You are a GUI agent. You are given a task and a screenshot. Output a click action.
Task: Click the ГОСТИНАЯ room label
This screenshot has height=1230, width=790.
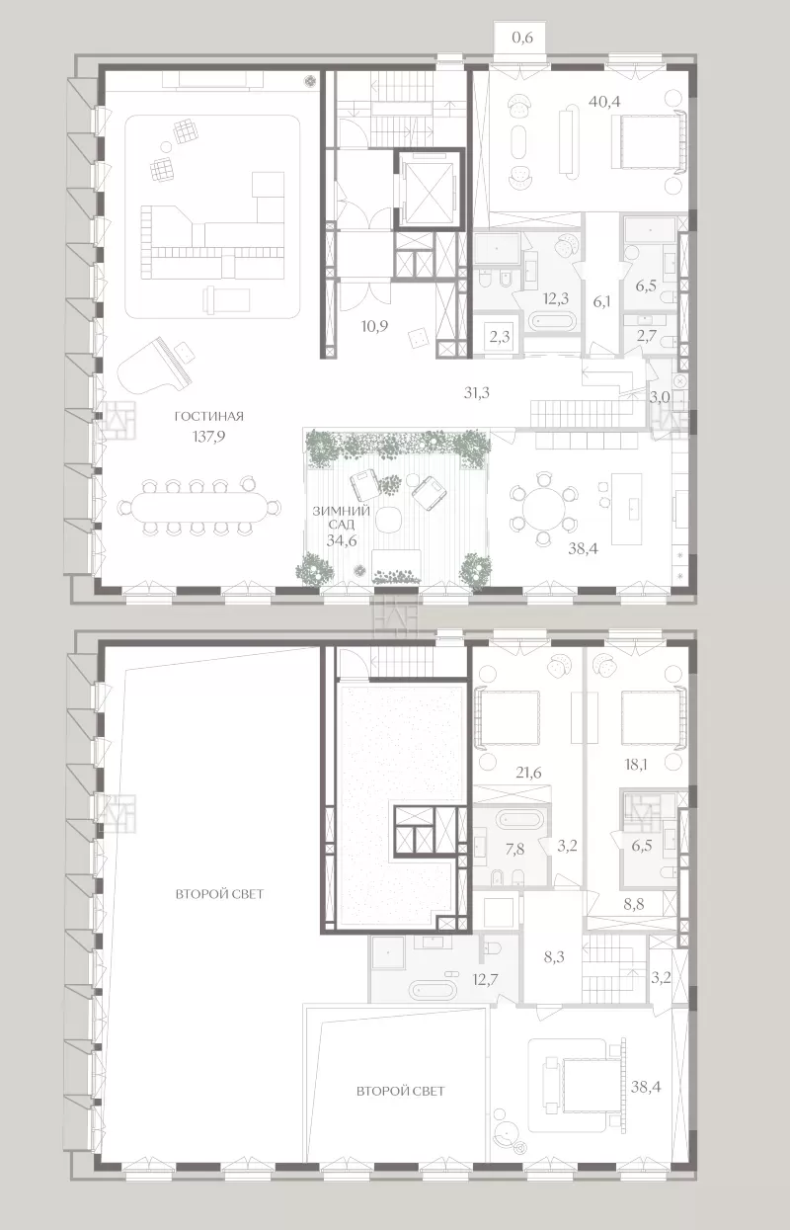coord(208,416)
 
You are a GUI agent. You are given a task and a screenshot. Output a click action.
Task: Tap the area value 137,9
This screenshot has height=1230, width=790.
coord(208,437)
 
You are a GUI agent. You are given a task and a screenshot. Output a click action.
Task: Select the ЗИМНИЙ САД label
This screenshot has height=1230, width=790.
coord(342,518)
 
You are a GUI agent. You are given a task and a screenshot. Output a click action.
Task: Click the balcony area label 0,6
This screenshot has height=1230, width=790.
coord(522,38)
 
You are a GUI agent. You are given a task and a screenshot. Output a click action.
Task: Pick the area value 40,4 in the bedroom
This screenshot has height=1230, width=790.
coord(604,101)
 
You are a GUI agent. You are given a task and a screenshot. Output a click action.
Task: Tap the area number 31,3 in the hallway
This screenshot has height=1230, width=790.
coord(477,392)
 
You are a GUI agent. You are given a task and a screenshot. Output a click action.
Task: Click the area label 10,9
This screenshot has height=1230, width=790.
coord(374,326)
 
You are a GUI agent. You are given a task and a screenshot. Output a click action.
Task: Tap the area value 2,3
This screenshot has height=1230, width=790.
coord(500,337)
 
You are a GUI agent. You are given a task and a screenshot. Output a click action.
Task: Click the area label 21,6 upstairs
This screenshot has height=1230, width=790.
coord(528,773)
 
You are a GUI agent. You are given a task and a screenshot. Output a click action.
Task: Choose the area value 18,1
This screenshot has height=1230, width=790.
coord(635,765)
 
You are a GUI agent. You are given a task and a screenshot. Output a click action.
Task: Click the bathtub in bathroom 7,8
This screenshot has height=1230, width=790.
coord(519,819)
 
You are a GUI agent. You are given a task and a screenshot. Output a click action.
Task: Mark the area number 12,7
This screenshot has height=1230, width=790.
coord(485,978)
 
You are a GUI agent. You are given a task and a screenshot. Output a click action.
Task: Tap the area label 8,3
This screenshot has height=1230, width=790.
coord(554,956)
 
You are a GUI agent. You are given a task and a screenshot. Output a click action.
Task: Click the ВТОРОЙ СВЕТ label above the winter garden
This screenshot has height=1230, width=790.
coord(400,1091)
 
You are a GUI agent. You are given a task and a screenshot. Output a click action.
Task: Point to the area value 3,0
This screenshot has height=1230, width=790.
coord(660,397)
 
